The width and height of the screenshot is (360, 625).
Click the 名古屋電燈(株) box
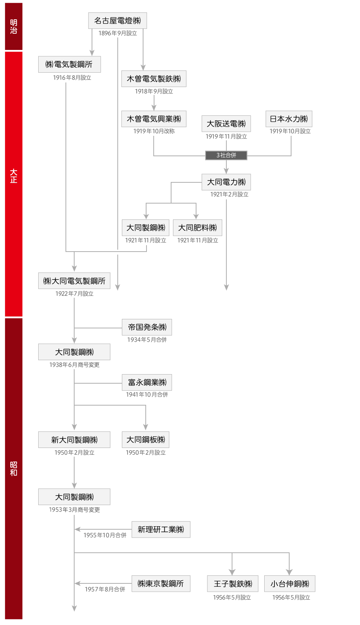pos(117,20)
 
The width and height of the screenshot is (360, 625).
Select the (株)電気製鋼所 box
pos(69,64)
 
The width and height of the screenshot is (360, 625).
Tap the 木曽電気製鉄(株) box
pos(154,79)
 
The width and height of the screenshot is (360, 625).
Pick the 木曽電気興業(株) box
pos(154,119)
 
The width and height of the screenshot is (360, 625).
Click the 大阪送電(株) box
pos(226,124)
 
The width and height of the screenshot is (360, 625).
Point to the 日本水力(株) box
pos(289,119)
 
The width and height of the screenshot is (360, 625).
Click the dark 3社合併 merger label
pos(226,155)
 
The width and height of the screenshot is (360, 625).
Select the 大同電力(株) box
pos(226,182)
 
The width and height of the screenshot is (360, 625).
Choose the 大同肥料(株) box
pos(198,228)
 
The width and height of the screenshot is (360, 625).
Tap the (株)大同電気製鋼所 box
pos(74,281)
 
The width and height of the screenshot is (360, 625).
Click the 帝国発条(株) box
pos(147,327)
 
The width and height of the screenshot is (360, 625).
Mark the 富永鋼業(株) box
pos(147,382)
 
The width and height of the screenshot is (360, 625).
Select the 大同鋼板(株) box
pos(145,440)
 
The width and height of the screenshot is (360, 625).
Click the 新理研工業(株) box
pos(161,529)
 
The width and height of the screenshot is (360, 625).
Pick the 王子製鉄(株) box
pos(233,583)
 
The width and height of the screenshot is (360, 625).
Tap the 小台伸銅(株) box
pos(290,583)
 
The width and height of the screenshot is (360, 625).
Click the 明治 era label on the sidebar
pos(13,26)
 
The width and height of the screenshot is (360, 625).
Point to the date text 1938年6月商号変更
pos(74,365)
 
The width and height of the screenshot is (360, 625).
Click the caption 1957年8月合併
pos(105,589)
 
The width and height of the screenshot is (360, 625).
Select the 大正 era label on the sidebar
pos(13,176)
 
